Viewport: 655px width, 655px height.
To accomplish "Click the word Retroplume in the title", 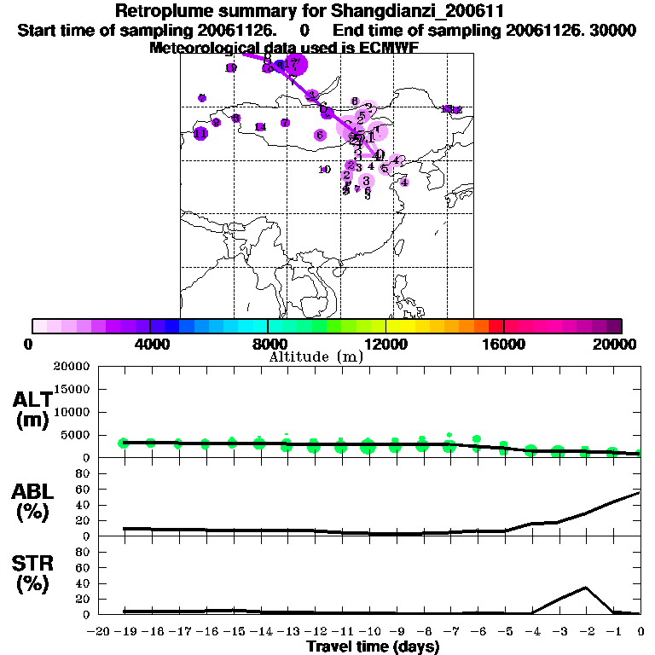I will [x=158, y=12].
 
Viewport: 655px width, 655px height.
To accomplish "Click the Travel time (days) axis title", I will [x=373, y=647].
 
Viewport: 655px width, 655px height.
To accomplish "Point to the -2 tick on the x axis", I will [x=584, y=632].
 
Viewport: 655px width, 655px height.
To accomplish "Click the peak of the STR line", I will [x=586, y=587].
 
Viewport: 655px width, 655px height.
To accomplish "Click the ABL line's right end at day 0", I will [x=640, y=492].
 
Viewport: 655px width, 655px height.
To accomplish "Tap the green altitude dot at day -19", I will [x=124, y=443].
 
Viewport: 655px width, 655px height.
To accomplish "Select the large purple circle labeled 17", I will [x=294, y=63].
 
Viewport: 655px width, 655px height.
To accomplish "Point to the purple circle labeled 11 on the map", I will [x=200, y=133].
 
